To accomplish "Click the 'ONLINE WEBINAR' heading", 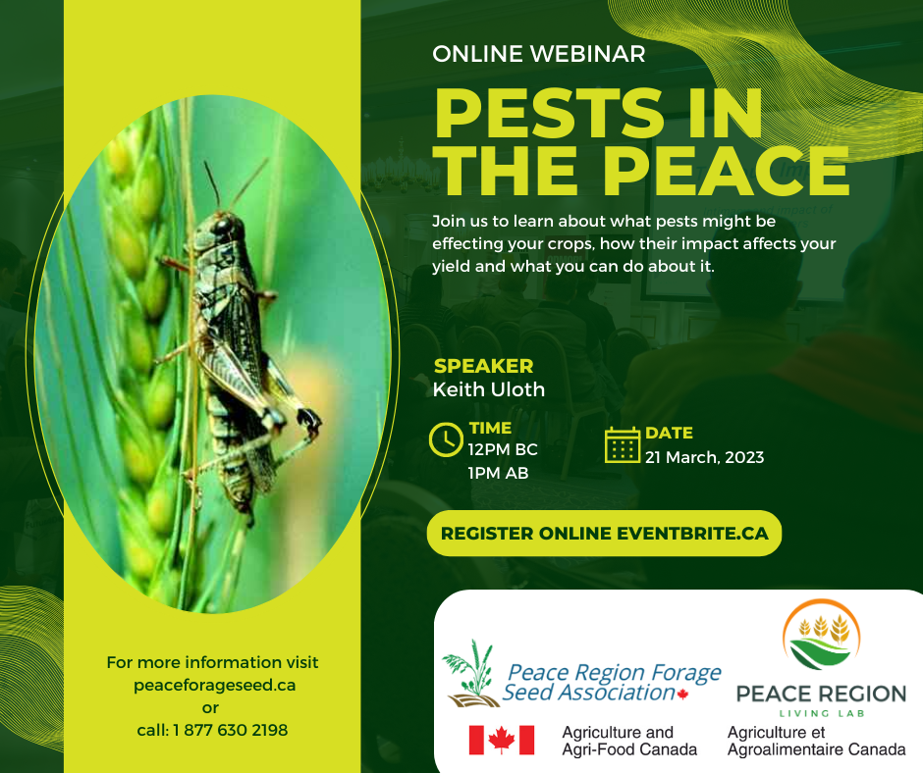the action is tap(539, 54).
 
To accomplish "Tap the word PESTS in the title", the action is tap(550, 113).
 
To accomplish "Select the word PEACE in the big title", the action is tap(727, 170).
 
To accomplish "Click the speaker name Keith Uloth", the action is tap(489, 389).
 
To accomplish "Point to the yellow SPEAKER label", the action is tap(483, 366).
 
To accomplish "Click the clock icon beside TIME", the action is tap(446, 439).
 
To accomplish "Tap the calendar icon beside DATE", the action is tap(623, 444).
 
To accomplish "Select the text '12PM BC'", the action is tap(503, 450).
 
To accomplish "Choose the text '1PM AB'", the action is tap(498, 473).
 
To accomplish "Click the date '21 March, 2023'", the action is tap(705, 457).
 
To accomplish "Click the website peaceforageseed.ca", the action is tap(214, 686).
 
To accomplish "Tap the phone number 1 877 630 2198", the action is tap(230, 730).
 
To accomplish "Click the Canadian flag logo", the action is tap(502, 740).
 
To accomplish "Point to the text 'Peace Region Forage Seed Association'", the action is tap(612, 683).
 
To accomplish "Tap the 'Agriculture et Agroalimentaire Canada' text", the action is tap(816, 741).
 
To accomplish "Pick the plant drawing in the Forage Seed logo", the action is tap(469, 673).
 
